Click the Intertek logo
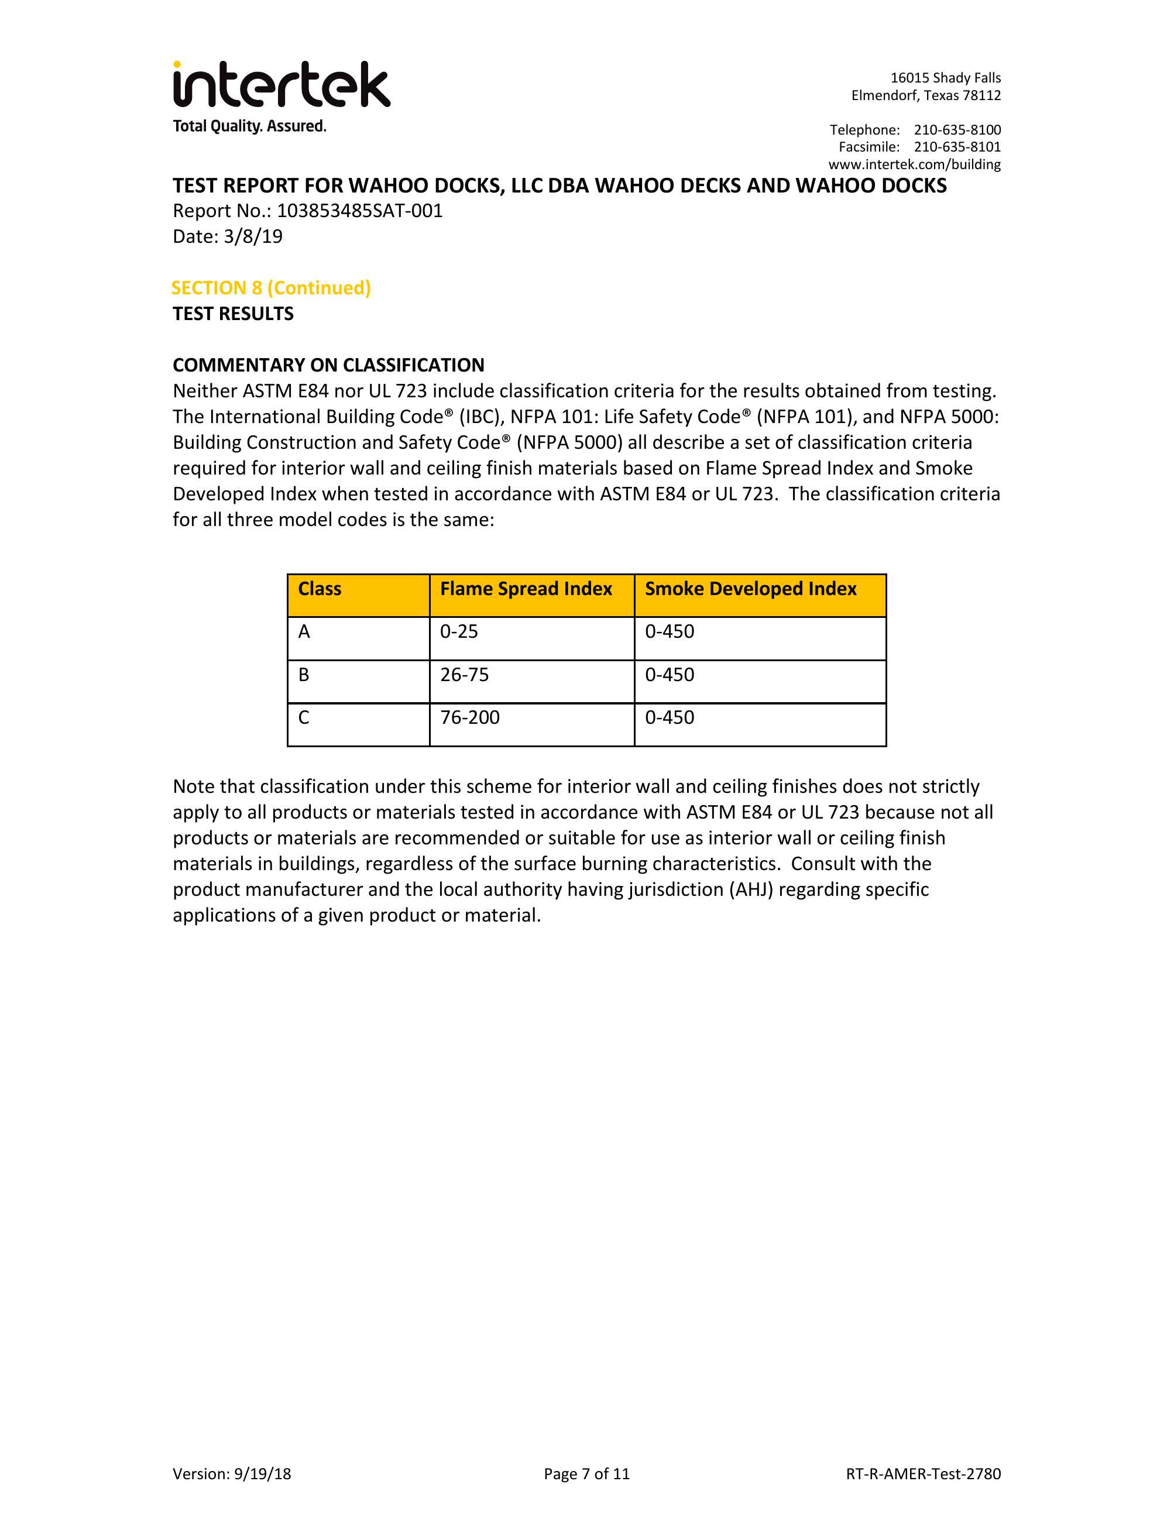281,85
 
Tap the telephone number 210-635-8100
957,130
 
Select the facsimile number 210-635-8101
957,147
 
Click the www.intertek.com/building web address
914,164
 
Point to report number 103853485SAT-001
359,211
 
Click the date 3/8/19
253,236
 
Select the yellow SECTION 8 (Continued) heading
270,288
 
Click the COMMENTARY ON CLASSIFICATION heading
328,365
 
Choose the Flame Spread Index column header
526,589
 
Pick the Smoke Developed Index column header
750,589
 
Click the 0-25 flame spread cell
459,631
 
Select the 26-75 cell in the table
465,675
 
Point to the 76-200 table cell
470,718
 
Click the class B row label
304,675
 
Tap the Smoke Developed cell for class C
670,718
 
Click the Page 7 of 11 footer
586,1473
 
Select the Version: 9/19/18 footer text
232,1473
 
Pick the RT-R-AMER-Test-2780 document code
923,1473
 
